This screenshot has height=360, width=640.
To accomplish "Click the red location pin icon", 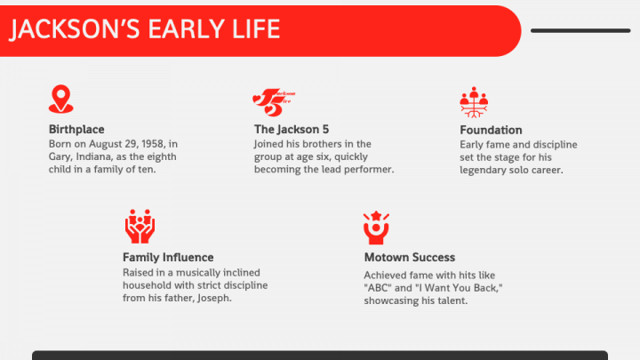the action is tap(60, 99).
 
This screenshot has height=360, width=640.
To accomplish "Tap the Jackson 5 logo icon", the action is tap(274, 102).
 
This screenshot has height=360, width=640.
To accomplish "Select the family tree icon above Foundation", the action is tap(474, 102).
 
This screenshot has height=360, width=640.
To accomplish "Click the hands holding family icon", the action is tap(140, 227).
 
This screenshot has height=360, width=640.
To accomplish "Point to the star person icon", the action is tap(376, 228).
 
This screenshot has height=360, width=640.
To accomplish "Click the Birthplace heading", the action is tap(76, 130).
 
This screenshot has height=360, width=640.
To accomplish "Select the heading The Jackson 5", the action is tap(292, 130).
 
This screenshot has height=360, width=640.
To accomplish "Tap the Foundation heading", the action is tap(491, 130).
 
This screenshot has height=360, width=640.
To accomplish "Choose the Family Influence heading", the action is tap(168, 258).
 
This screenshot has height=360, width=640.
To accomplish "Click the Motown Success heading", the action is tap(410, 258).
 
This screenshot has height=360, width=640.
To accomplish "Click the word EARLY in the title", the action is tap(186, 29).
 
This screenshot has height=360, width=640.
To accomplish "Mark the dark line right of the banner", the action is tap(580, 30).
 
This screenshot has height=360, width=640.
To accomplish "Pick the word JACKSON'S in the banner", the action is tap(75, 29).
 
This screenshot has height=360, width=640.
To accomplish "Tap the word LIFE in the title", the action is tap(256, 29).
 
